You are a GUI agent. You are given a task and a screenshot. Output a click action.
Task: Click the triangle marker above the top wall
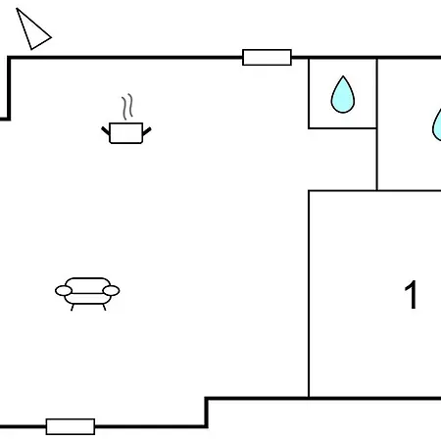[32, 30]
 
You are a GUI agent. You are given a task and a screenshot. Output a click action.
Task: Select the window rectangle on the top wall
[267, 58]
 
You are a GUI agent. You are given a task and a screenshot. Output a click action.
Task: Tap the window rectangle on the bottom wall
[71, 426]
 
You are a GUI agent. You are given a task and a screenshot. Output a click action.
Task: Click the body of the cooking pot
[126, 133]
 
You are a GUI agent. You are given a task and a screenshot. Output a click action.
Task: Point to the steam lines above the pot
[127, 107]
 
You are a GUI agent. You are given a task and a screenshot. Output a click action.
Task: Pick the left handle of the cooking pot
[106, 130]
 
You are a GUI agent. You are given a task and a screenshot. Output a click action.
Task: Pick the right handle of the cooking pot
[147, 131]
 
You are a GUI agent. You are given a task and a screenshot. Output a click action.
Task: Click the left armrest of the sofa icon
[64, 290]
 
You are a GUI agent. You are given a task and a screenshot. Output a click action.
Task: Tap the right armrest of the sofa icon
[111, 290]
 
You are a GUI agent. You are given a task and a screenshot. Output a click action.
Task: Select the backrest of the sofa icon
[87, 284]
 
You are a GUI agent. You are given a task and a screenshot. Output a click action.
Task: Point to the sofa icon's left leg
[73, 307]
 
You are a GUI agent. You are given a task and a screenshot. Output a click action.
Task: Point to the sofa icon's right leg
[104, 307]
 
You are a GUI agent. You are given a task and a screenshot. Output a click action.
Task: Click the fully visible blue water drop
[343, 95]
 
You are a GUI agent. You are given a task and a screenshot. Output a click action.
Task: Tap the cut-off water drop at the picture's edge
[437, 125]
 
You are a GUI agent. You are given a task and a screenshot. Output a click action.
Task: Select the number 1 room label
[411, 295]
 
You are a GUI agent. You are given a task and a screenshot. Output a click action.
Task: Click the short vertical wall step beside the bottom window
[207, 413]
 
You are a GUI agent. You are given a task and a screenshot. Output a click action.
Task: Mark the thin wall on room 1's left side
[309, 294]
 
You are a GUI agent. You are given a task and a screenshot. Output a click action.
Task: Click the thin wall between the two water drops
[377, 124]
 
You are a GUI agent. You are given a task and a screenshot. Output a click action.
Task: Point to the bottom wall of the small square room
[342, 128]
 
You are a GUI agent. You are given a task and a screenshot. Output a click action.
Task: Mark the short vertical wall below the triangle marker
[9, 88]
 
